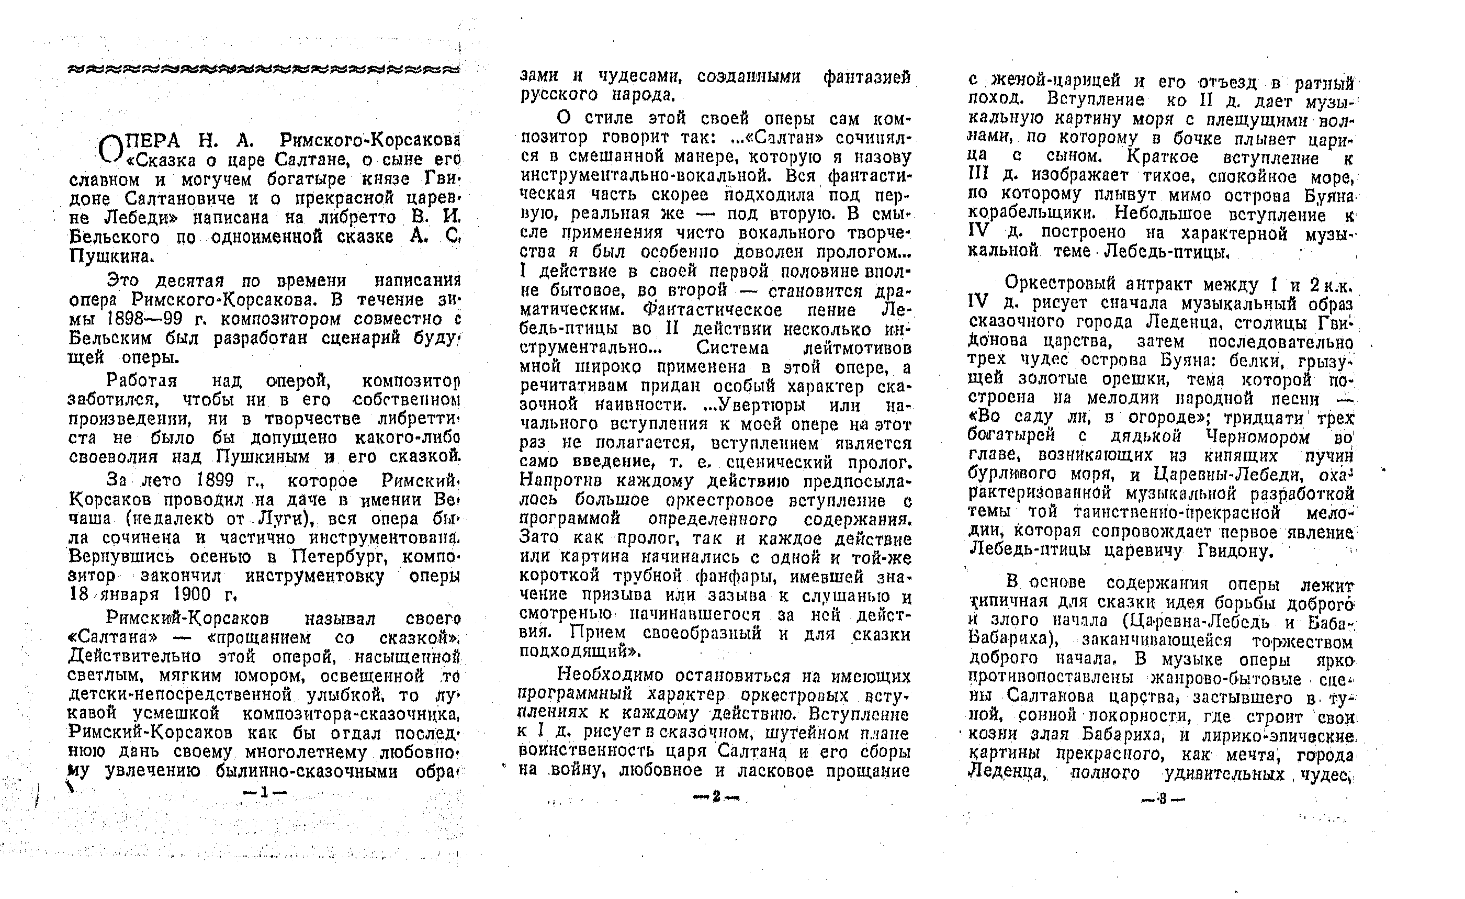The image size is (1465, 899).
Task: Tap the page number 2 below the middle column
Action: (x=715, y=797)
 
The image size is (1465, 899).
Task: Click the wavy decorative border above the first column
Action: (x=265, y=70)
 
